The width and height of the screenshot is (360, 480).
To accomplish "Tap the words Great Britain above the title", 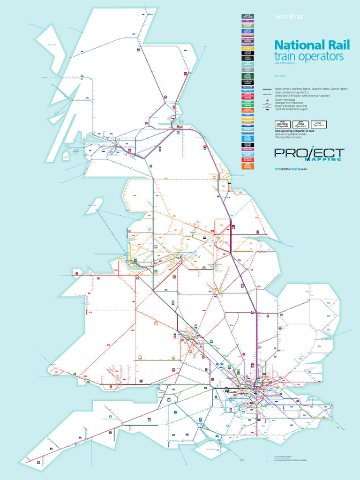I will tap(289, 17).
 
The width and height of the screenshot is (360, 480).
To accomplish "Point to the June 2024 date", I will tap(280, 76).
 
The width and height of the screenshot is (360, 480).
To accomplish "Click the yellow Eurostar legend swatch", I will tap(247, 49).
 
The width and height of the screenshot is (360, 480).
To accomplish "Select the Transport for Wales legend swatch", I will tap(247, 160).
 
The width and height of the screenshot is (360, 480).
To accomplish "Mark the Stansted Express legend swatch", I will tap(247, 145).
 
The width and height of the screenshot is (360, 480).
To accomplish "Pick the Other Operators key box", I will tap(319, 125).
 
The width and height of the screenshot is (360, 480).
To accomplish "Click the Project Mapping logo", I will tap(309, 153).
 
